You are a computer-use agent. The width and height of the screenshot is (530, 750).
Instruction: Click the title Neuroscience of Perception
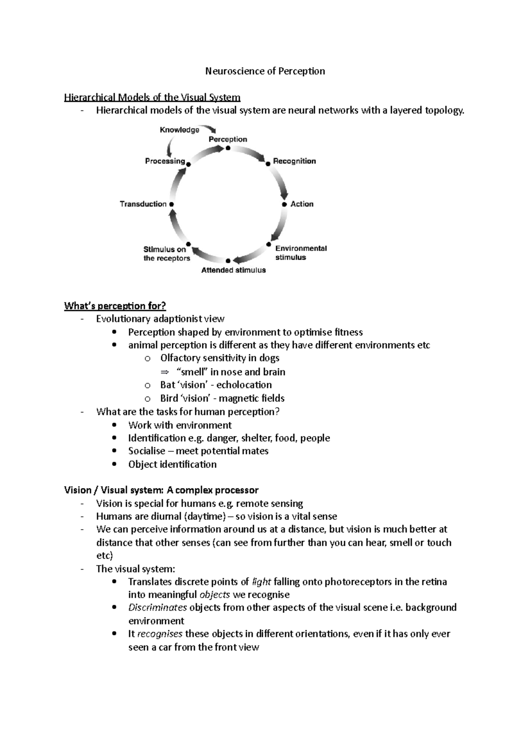tap(265, 71)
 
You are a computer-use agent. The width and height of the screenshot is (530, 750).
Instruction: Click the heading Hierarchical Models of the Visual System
tap(152, 97)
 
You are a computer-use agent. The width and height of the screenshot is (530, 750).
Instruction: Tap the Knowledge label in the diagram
tap(179, 130)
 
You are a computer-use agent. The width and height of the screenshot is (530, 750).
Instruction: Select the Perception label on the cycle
tap(228, 139)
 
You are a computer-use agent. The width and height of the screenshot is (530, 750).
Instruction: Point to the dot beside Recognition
tap(268, 164)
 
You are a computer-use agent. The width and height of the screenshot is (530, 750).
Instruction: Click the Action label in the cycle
tap(302, 204)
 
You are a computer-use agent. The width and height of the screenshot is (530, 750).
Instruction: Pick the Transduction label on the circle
tap(143, 204)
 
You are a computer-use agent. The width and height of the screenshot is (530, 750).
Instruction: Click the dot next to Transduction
tap(171, 205)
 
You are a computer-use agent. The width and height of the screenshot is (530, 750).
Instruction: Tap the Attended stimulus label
tap(234, 270)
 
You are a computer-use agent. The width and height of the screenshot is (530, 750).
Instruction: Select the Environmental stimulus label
tap(301, 253)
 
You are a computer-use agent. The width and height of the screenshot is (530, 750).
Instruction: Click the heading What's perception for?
tap(115, 306)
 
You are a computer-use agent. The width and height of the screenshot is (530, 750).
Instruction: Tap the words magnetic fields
tap(252, 398)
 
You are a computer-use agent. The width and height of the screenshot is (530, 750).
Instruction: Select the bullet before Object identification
tap(115, 464)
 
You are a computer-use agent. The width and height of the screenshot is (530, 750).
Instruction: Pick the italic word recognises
tap(160, 634)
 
